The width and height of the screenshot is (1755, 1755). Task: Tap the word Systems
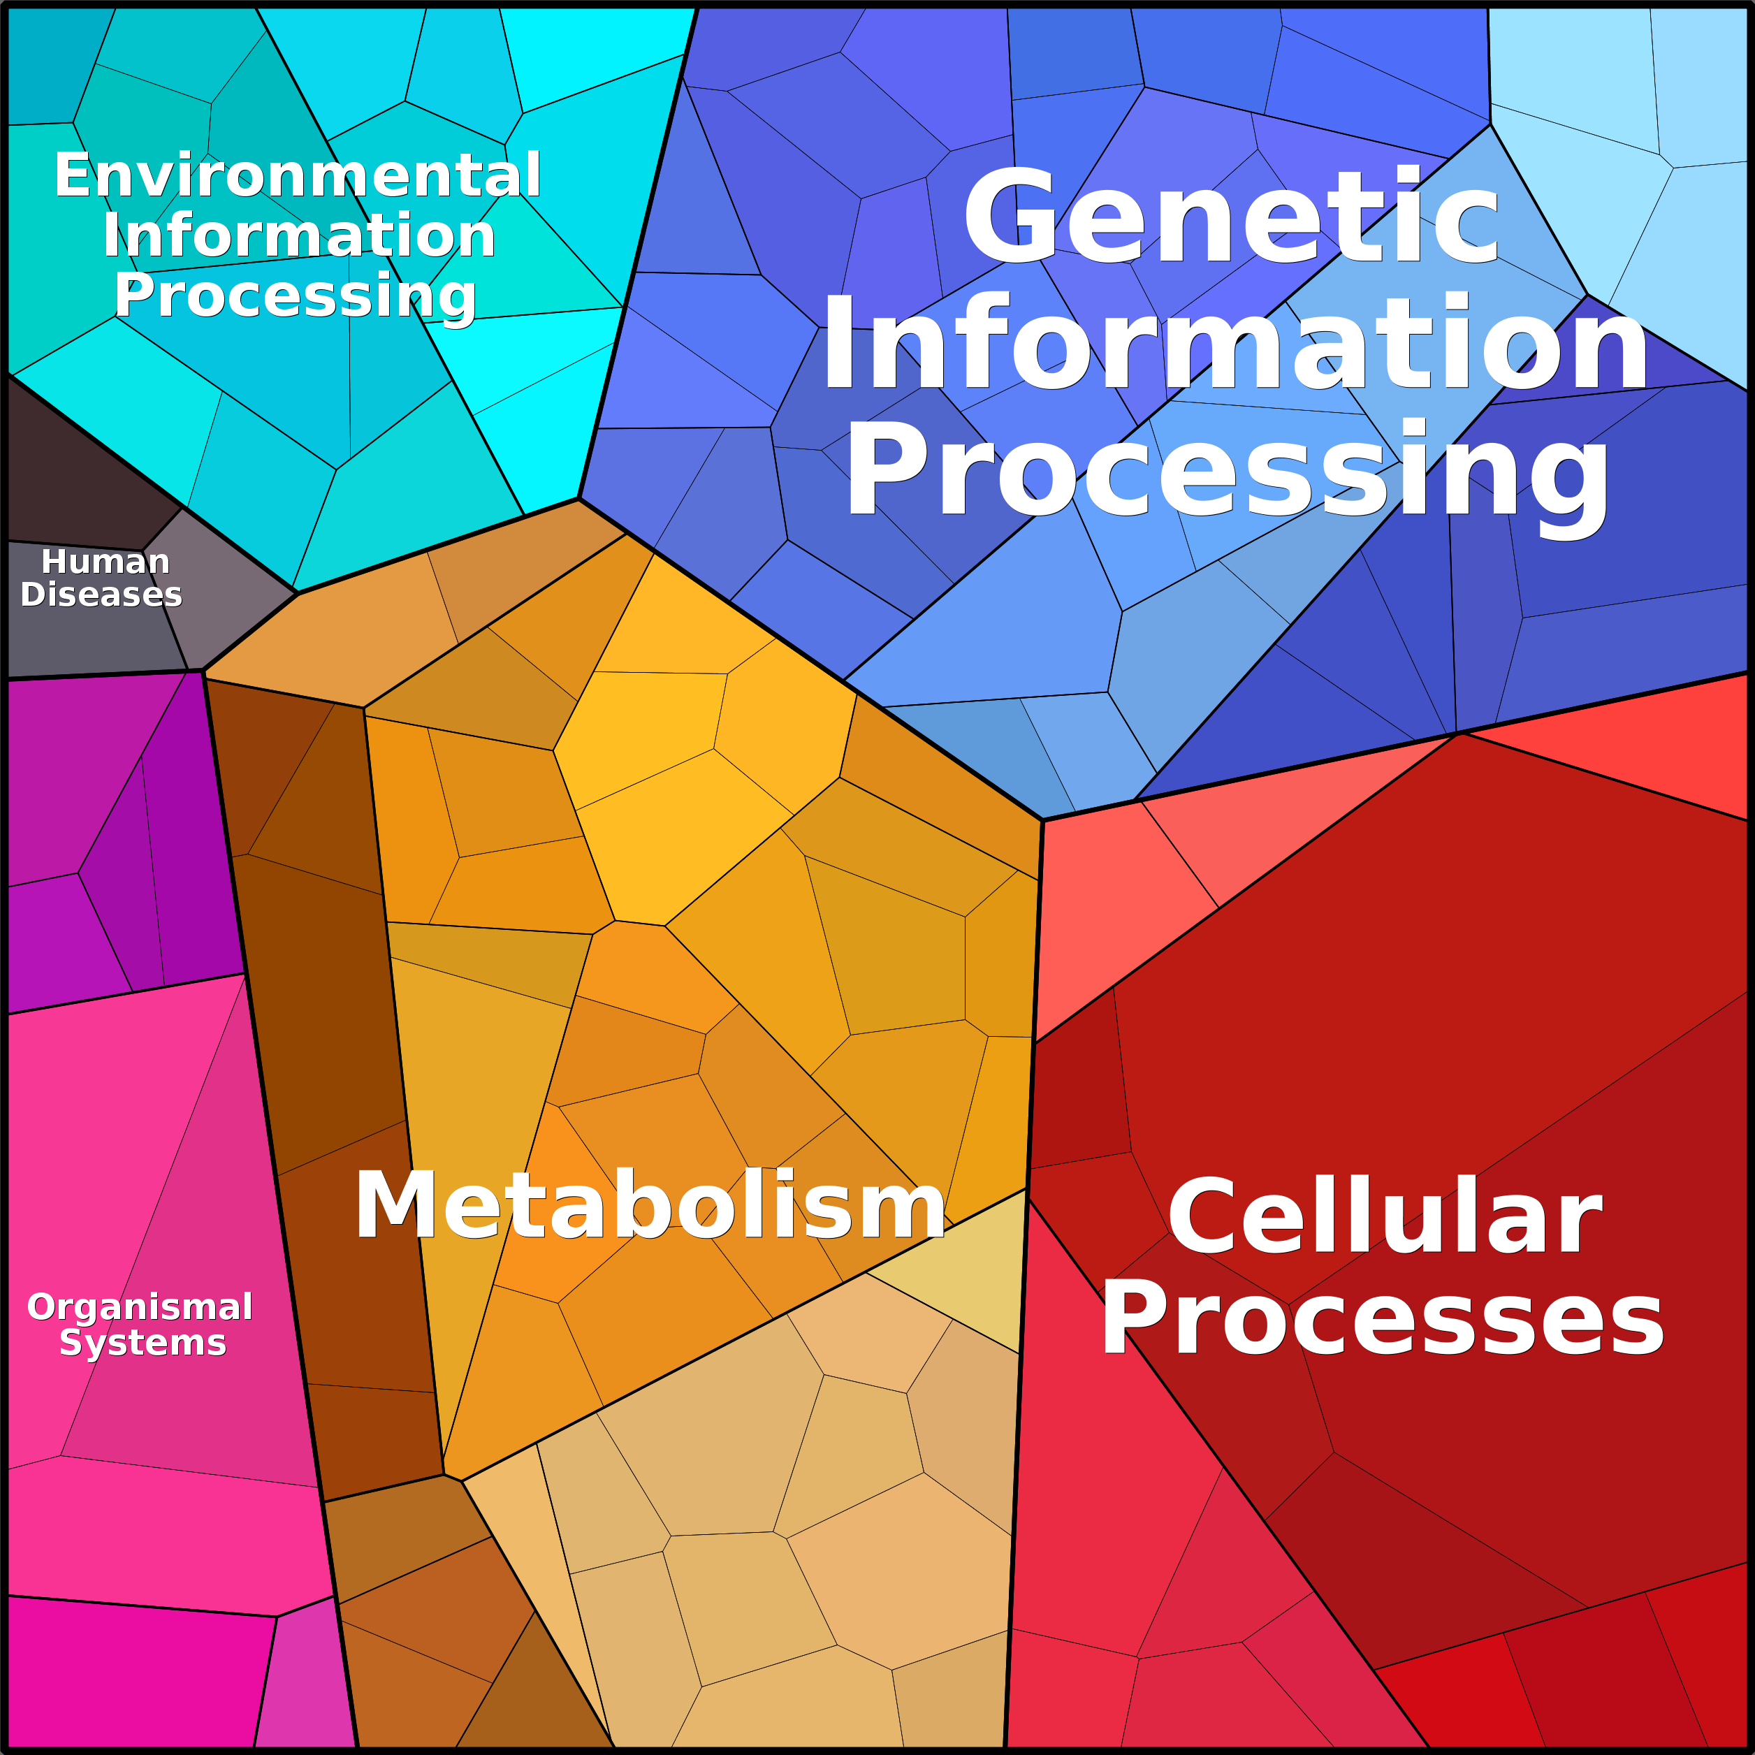pos(143,1343)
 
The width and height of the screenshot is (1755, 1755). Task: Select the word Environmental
pos(297,175)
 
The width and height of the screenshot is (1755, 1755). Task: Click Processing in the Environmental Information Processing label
pos(296,296)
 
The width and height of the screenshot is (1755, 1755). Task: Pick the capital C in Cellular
pos(1202,1217)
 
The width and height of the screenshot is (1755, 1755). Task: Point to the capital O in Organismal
pos(42,1306)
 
